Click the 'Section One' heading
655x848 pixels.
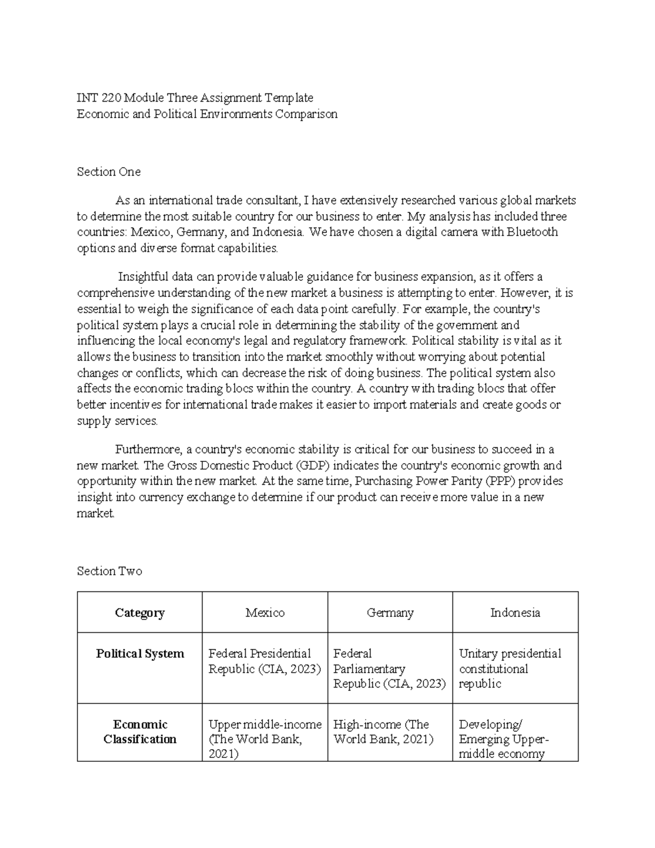pyautogui.click(x=109, y=172)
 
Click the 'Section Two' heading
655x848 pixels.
pyautogui.click(x=109, y=571)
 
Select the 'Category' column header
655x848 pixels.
pyautogui.click(x=140, y=613)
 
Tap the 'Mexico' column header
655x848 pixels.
pyautogui.click(x=265, y=613)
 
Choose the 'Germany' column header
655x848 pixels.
pyautogui.click(x=390, y=613)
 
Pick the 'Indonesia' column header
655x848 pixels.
pyautogui.click(x=515, y=613)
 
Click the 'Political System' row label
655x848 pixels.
pyautogui.click(x=140, y=654)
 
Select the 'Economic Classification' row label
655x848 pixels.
pyautogui.click(x=140, y=732)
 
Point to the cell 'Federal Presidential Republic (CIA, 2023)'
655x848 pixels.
pyautogui.click(x=265, y=661)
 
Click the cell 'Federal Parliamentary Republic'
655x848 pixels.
pyautogui.click(x=390, y=669)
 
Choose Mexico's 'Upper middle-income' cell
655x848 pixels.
pyautogui.click(x=265, y=739)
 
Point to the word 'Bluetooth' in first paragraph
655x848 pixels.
pyautogui.click(x=532, y=232)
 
